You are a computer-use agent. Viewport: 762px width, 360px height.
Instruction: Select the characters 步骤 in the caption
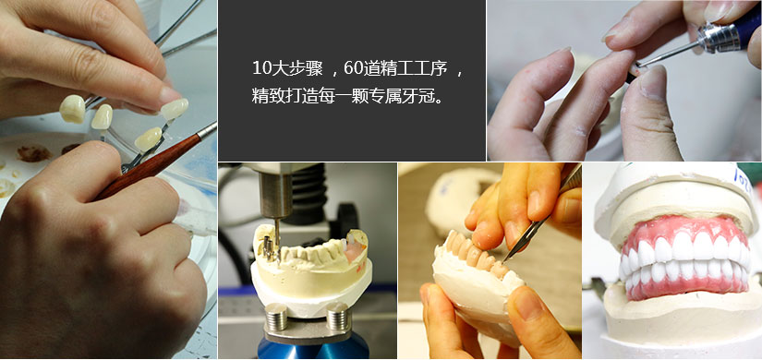[306, 68]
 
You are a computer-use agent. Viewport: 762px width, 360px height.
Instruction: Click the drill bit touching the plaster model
[276, 237]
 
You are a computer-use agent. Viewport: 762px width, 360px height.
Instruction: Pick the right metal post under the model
[338, 316]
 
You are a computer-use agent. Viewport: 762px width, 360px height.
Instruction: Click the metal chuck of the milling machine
[274, 196]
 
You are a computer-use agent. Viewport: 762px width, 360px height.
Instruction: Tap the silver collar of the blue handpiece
[719, 35]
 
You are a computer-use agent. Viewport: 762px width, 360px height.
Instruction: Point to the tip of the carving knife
[503, 261]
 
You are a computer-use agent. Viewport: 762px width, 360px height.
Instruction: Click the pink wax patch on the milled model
[356, 251]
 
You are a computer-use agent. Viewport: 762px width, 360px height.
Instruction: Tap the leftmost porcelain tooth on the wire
[72, 108]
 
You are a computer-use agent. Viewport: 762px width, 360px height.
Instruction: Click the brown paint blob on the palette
[33, 153]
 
